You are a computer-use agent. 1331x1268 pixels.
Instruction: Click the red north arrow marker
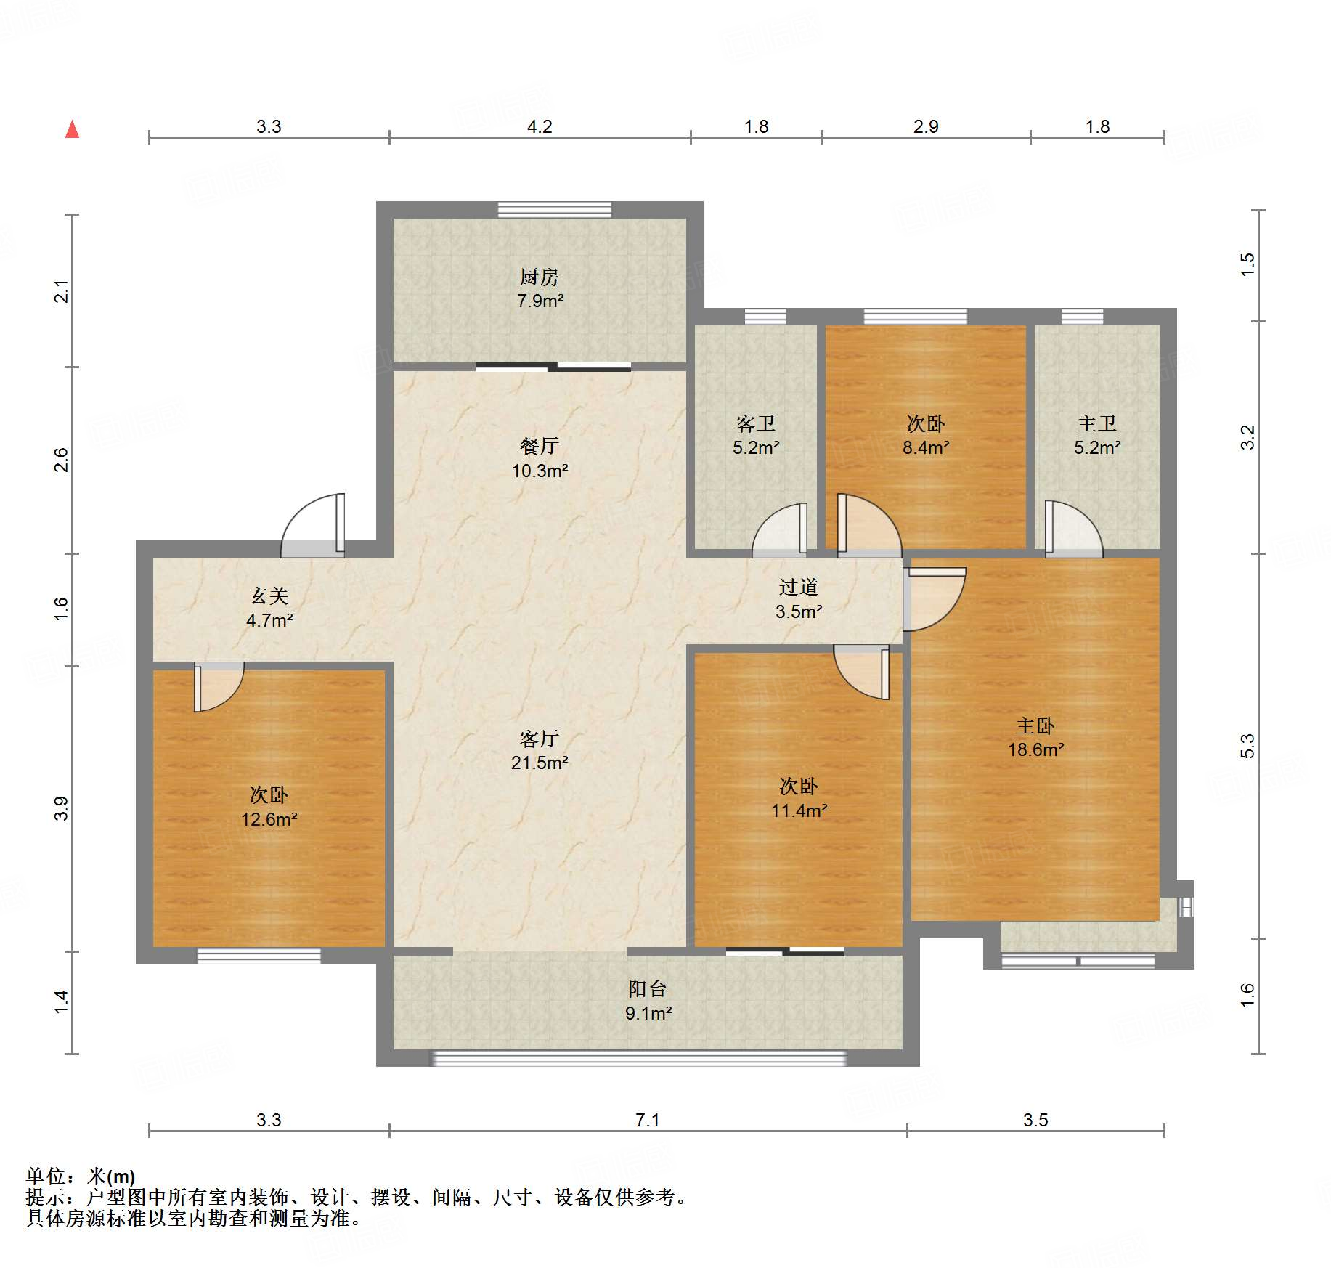coord(72,129)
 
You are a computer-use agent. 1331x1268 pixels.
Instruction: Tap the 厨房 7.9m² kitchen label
coord(540,288)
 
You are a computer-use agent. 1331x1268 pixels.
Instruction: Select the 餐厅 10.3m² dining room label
coord(540,458)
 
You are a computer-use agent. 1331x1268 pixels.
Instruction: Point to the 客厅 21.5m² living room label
coord(540,750)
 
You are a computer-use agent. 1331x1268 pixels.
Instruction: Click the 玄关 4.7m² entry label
coord(269,608)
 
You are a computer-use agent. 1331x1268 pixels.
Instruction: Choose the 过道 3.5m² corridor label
coord(799,599)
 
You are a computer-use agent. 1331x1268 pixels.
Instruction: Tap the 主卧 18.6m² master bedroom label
coord(1035,737)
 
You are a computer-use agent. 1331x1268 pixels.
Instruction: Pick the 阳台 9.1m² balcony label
coord(648,1001)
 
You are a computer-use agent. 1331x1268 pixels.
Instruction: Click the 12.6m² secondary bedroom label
coord(269,819)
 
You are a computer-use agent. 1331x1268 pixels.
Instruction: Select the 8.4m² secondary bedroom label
coord(926,447)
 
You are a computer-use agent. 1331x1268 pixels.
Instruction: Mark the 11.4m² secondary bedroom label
coord(799,810)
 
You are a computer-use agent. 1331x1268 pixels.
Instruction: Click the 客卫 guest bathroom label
coord(756,423)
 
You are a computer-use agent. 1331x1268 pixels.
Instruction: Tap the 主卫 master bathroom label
coord(1097,423)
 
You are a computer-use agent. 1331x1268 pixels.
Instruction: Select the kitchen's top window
coord(555,209)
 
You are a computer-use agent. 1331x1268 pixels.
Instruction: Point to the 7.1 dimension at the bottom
coord(648,1120)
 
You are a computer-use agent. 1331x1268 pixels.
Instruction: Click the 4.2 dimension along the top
coord(540,126)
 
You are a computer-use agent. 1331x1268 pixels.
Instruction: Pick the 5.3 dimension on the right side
coord(1247,746)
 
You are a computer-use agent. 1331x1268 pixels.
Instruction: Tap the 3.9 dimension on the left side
coord(61,808)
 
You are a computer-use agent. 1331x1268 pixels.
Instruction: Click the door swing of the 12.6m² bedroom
coord(219,687)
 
